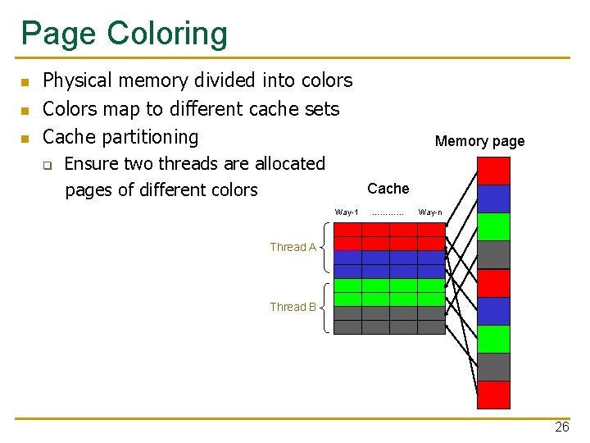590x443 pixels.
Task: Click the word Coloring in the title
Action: click(x=167, y=34)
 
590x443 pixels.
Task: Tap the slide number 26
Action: click(x=561, y=427)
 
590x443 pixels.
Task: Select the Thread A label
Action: click(x=293, y=247)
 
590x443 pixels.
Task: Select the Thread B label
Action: click(x=293, y=308)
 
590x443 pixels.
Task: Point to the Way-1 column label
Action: click(x=347, y=212)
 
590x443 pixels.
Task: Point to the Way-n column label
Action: click(x=430, y=212)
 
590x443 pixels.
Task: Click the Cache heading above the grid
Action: click(x=388, y=189)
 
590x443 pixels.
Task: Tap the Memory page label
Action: click(x=479, y=141)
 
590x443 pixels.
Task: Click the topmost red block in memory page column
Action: click(x=493, y=171)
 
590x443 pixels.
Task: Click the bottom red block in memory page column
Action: click(x=493, y=395)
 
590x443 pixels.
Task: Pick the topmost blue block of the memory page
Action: click(x=493, y=199)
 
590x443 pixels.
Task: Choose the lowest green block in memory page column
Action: click(x=493, y=338)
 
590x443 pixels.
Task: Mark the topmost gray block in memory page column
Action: click(x=493, y=254)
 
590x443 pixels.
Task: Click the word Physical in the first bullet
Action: click(x=78, y=80)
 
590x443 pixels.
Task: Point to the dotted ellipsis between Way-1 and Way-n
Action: click(x=388, y=213)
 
